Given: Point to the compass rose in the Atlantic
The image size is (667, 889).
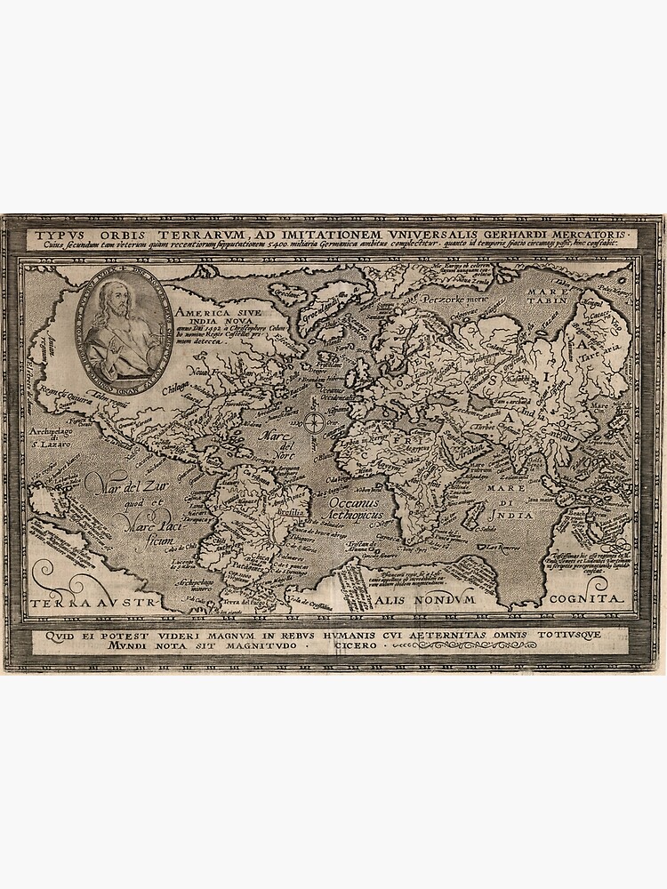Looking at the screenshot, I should [x=315, y=421].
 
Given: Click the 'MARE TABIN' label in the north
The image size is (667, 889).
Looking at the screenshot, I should [x=547, y=296].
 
